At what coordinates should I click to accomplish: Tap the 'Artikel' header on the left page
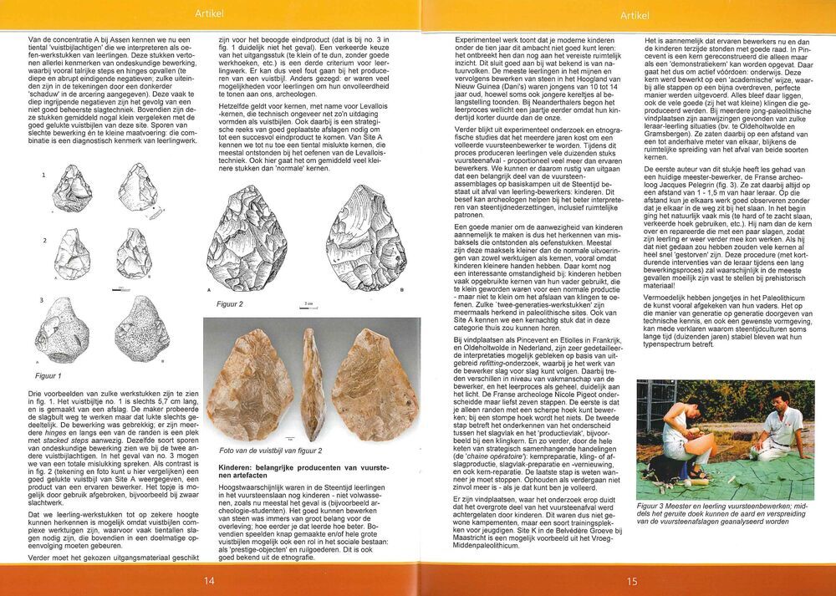click(x=208, y=13)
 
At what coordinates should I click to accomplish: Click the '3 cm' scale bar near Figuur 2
click(x=308, y=307)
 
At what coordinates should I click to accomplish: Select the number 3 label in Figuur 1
click(x=41, y=300)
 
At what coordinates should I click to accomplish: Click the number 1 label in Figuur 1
click(x=43, y=176)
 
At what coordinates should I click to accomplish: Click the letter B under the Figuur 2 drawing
click(x=402, y=290)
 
